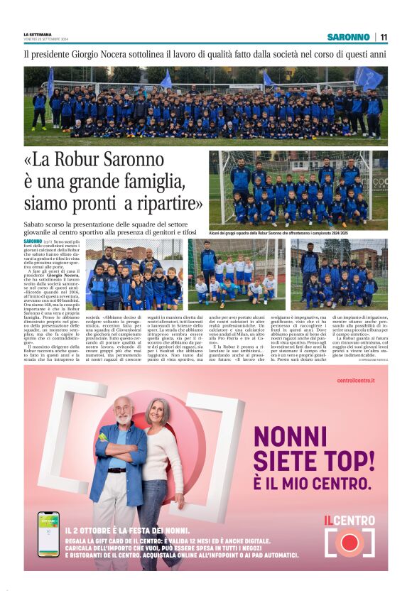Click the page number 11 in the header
point(384,37)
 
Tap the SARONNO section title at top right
point(348,37)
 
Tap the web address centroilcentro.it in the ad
point(356,381)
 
